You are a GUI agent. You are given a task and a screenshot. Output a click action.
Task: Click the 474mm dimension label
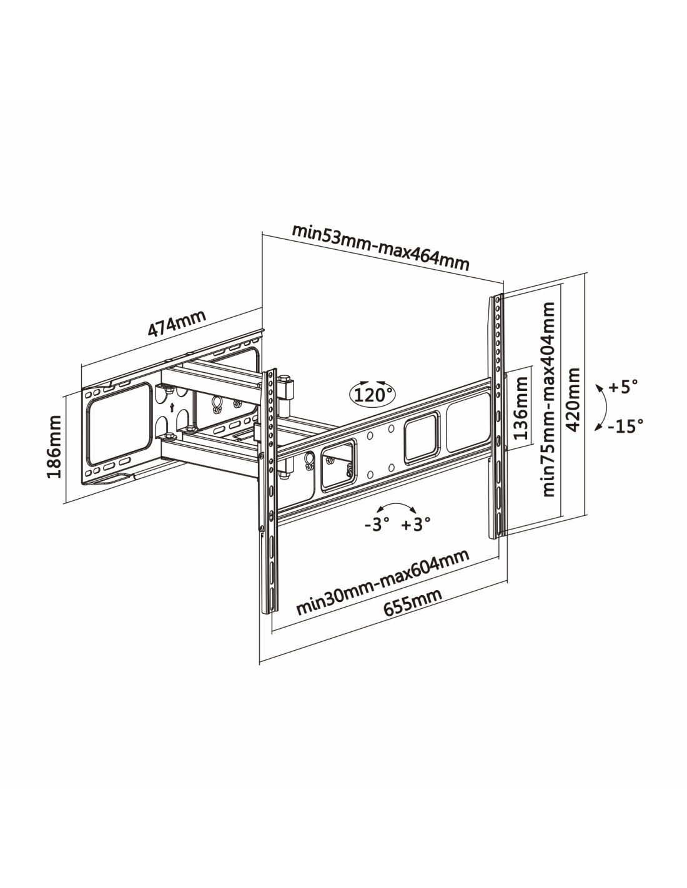(x=177, y=323)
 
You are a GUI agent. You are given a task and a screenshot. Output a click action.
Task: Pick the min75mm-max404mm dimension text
(x=548, y=399)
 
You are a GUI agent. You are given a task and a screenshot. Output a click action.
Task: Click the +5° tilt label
(x=623, y=387)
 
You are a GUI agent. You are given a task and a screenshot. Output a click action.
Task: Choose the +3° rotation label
(x=415, y=525)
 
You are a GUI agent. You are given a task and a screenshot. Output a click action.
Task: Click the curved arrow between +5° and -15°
(x=605, y=407)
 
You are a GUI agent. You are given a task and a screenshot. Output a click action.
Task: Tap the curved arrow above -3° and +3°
(x=396, y=505)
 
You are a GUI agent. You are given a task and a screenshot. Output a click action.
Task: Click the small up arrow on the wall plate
(x=172, y=407)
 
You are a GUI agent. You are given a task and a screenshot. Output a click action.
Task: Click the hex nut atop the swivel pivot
(x=285, y=378)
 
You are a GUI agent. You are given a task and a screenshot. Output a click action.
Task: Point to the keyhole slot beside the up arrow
(x=217, y=405)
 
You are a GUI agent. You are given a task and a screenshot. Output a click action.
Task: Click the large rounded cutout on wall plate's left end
(x=119, y=423)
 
